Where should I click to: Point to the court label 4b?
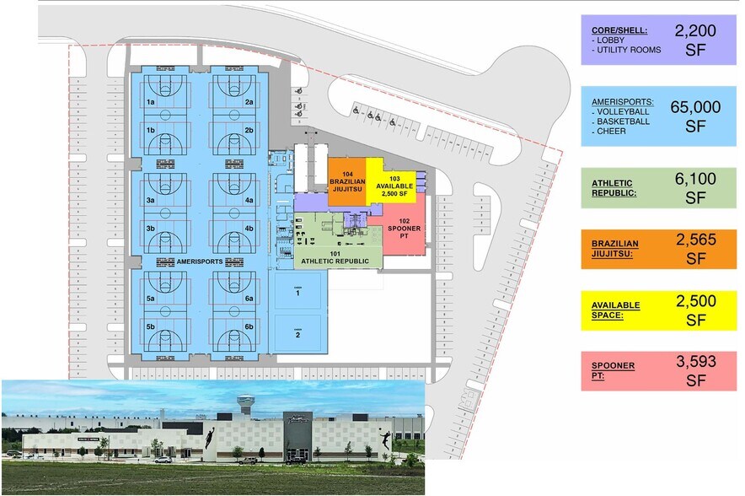249,228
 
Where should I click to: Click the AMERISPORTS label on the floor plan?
200,262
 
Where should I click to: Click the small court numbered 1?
297,294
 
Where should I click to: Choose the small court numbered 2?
297,334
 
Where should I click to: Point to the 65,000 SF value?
695,116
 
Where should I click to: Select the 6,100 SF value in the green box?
695,187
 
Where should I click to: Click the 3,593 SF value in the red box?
695,371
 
